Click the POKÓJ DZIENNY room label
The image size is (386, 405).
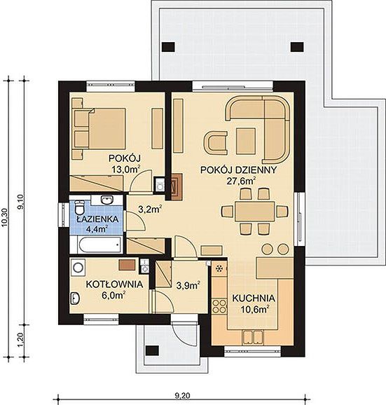(x=238, y=170)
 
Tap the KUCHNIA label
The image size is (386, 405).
(x=254, y=298)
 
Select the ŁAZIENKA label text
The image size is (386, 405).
(x=98, y=219)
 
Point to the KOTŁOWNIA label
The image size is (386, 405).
(x=114, y=284)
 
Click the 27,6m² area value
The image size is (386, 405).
(x=241, y=181)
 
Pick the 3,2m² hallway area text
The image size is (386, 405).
(x=150, y=209)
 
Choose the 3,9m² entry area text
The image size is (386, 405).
(x=188, y=285)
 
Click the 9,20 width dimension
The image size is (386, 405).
(x=182, y=395)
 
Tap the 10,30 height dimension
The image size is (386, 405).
(x=6, y=218)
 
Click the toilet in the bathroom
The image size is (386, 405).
(x=79, y=207)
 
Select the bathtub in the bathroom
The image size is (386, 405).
(x=99, y=245)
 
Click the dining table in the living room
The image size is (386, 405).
(x=254, y=212)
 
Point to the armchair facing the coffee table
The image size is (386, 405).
(x=216, y=143)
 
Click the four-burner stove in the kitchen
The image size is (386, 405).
(x=219, y=306)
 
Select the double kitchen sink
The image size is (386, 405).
(x=253, y=337)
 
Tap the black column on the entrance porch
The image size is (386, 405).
(x=152, y=351)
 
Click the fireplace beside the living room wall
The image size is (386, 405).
(x=177, y=187)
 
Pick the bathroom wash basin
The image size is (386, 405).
(x=106, y=200)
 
